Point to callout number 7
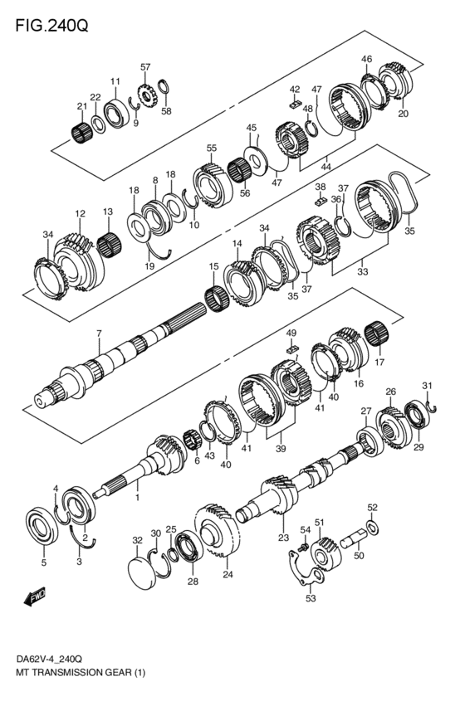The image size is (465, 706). [x=98, y=334]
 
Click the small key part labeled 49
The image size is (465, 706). [x=291, y=349]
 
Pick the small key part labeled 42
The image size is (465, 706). [x=295, y=105]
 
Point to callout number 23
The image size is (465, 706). [x=283, y=538]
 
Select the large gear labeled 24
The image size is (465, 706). [x=219, y=533]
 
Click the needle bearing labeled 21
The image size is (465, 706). [x=81, y=131]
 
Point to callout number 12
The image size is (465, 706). [x=80, y=214]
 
